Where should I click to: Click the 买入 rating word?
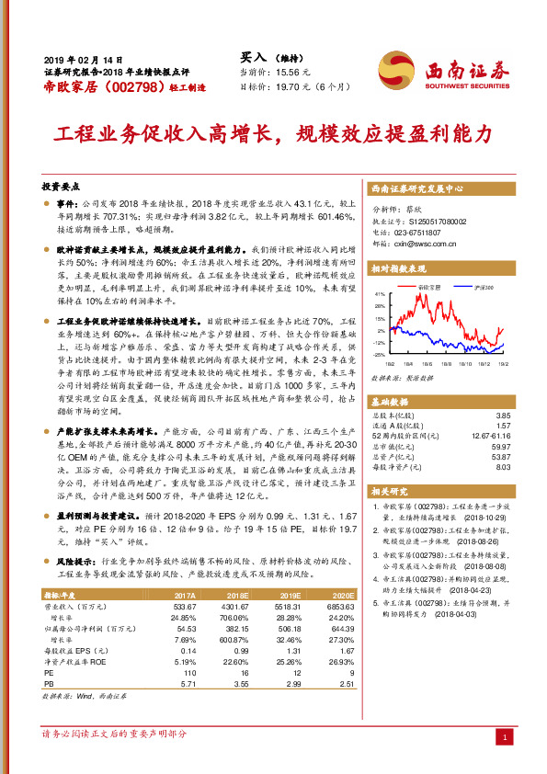click(253, 55)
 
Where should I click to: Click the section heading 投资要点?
click(63, 184)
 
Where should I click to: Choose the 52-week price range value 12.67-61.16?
click(486, 435)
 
